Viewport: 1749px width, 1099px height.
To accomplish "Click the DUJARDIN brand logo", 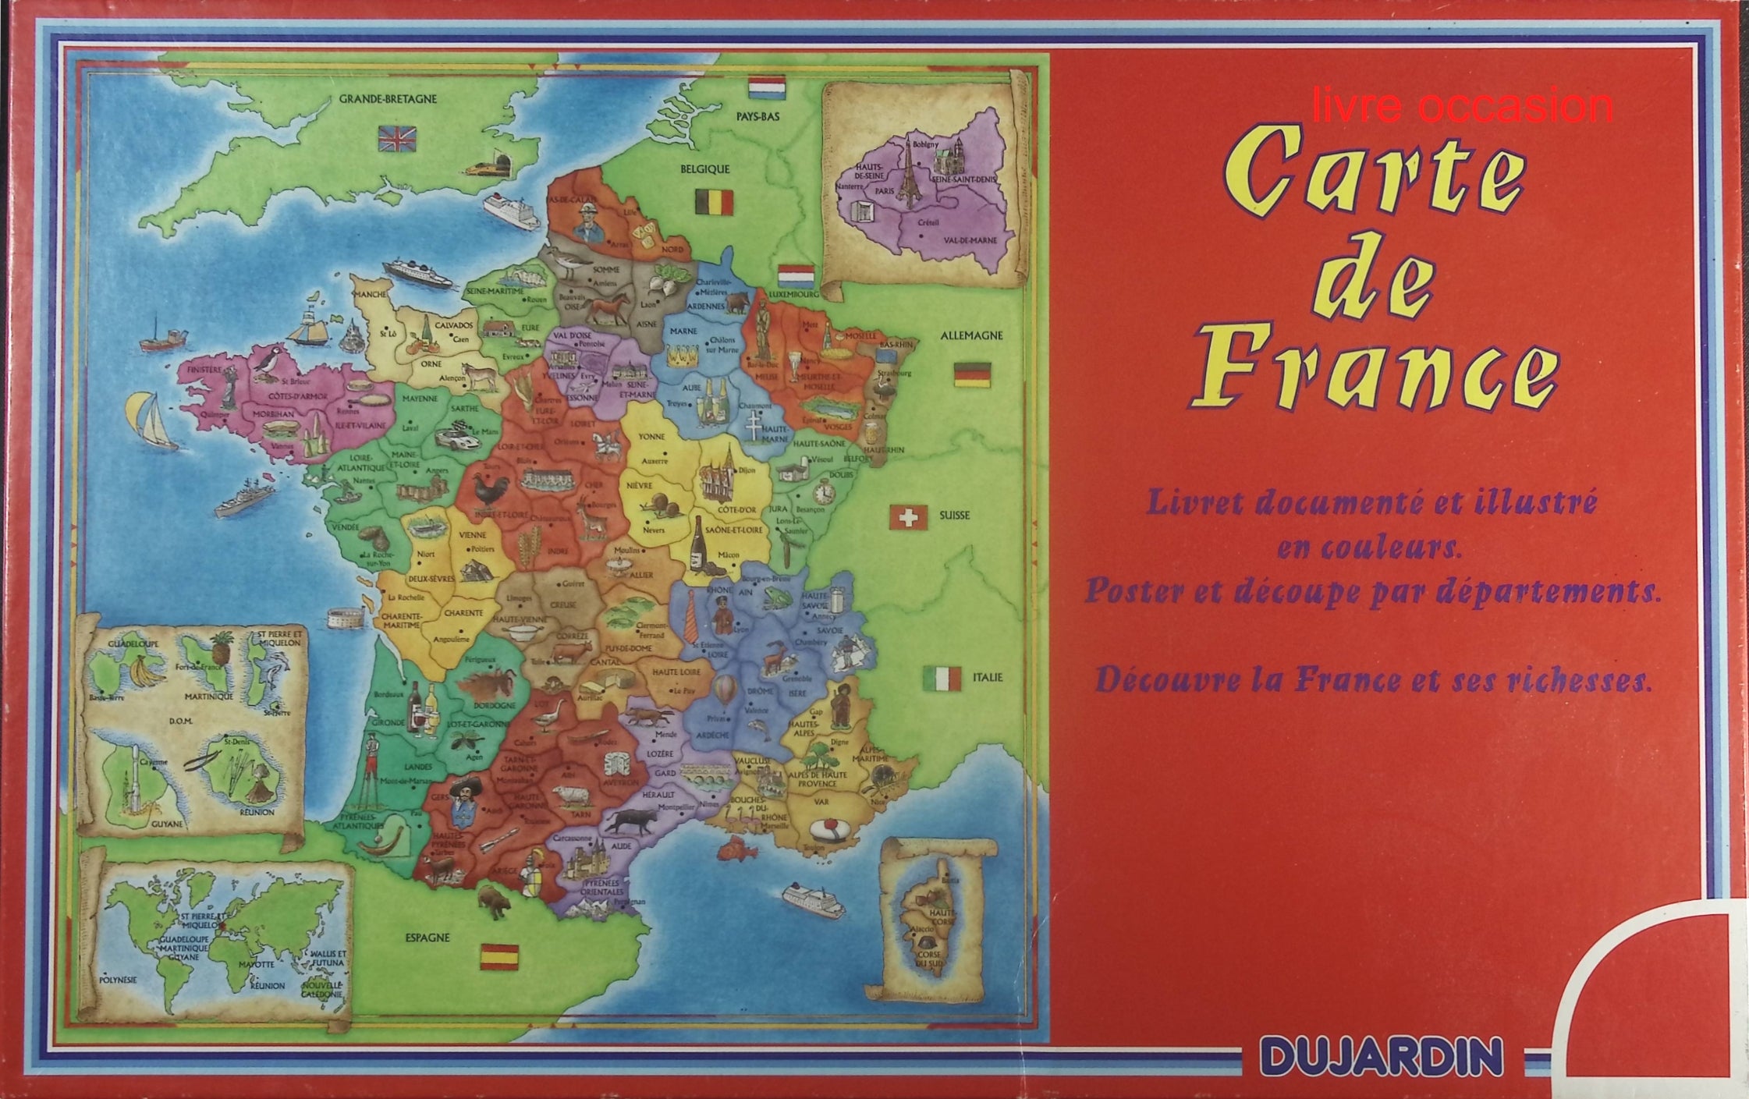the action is pyautogui.click(x=1382, y=1057).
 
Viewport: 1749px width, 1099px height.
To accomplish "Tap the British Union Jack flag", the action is pyautogui.click(x=397, y=138).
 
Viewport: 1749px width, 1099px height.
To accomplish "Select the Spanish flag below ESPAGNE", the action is pyautogui.click(x=498, y=956).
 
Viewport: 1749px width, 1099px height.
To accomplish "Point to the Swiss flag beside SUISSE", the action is pyautogui.click(x=909, y=516).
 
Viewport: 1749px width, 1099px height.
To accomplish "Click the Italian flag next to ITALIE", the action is pyautogui.click(x=942, y=679).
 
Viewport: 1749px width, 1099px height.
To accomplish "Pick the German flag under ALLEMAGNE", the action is pyautogui.click(x=972, y=374).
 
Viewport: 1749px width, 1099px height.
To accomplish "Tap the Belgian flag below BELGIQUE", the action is pyautogui.click(x=714, y=201).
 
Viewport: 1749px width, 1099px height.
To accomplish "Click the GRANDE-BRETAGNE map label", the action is pyautogui.click(x=388, y=99).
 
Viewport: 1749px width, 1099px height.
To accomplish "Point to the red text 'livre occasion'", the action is pyautogui.click(x=1463, y=108).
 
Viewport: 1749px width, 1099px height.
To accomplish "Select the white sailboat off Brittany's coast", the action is pyautogui.click(x=154, y=421).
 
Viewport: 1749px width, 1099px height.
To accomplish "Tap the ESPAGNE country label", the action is pyautogui.click(x=427, y=937).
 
